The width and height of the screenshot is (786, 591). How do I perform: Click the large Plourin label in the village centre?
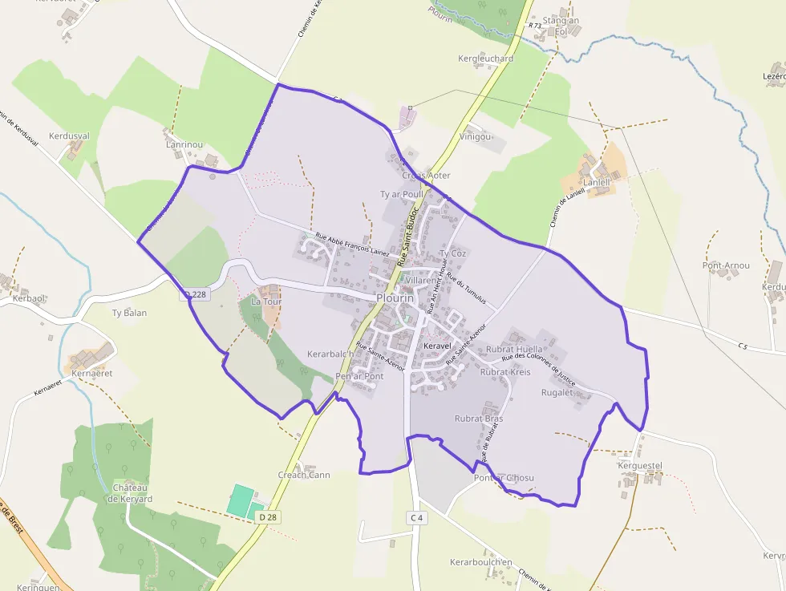tap(395, 298)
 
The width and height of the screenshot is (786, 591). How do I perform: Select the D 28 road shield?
tap(268, 518)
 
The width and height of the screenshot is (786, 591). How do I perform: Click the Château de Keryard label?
tap(130, 493)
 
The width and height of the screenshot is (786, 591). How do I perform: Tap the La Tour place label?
tap(265, 302)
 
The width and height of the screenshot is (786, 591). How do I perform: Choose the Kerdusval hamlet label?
tap(69, 136)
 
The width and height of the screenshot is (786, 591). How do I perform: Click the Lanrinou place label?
tap(184, 144)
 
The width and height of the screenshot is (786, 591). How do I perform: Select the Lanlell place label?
tap(597, 182)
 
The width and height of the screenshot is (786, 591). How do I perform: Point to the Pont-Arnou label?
tap(726, 265)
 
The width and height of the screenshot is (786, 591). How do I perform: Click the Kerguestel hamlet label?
tap(639, 465)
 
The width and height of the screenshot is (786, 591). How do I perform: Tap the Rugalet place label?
tap(557, 392)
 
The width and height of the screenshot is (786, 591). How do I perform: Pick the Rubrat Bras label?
tap(479, 419)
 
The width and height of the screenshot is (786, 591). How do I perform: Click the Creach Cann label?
tap(304, 475)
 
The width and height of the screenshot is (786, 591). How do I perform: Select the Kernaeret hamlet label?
tap(91, 373)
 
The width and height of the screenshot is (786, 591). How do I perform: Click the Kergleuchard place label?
tap(485, 59)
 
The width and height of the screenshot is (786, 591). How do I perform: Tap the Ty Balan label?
tap(129, 313)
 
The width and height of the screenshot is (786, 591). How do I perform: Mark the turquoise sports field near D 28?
tap(240, 500)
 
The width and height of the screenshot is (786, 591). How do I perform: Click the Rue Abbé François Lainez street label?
tap(353, 246)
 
